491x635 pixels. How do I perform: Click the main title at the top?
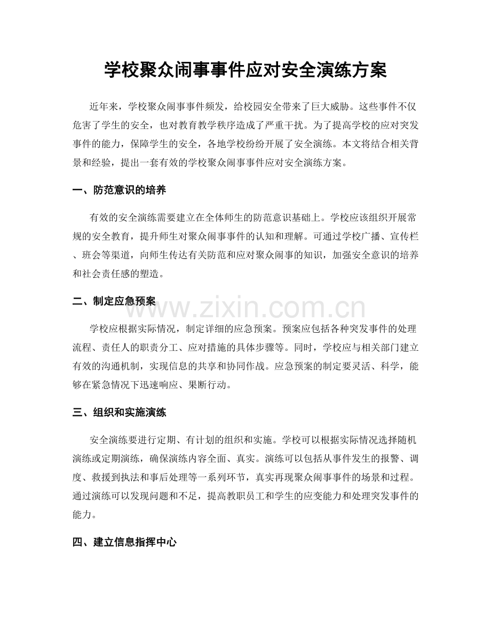(x=245, y=70)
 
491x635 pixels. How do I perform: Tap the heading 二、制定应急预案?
(x=114, y=301)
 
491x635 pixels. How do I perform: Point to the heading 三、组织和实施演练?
(x=122, y=412)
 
